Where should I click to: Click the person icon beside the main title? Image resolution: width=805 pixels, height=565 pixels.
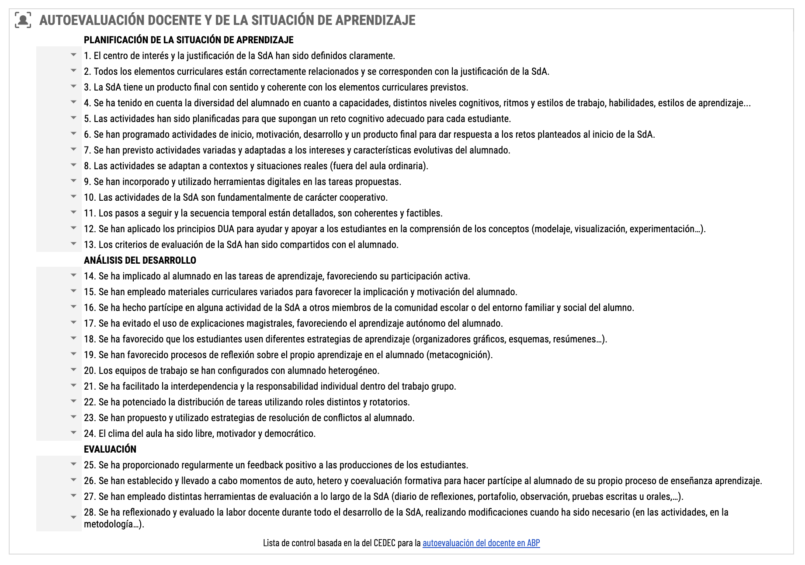[23, 20]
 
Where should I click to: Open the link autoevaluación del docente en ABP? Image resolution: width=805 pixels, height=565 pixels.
[481, 543]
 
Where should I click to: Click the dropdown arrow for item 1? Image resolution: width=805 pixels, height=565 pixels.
[73, 55]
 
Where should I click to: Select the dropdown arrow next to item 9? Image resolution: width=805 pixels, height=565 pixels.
[73, 181]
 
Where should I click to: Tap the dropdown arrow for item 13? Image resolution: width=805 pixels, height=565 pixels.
[73, 244]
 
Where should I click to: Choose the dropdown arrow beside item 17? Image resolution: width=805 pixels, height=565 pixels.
[73, 323]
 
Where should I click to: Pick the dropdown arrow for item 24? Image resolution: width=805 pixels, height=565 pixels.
[73, 433]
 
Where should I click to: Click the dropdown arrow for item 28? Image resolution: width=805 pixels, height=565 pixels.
[73, 517]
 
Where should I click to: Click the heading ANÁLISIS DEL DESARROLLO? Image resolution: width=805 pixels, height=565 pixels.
[140, 260]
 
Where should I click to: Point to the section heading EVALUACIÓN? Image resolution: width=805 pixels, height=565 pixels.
[110, 449]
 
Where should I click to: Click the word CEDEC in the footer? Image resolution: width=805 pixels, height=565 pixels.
[385, 543]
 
